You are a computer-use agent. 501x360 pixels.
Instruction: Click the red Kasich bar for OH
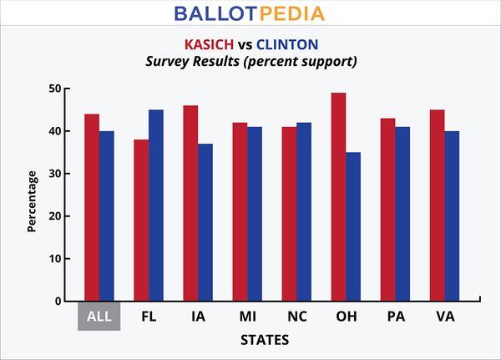point(338,196)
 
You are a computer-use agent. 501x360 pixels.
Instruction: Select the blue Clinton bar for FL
point(155,205)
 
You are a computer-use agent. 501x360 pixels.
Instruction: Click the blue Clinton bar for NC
point(303,211)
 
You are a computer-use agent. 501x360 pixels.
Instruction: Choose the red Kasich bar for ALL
point(92,207)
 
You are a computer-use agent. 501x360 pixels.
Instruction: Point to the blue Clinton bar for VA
point(452,215)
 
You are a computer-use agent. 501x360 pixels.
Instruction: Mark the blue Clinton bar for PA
point(402,214)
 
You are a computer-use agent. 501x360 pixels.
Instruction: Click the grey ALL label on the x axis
point(99,317)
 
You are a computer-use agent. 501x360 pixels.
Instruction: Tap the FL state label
point(149,318)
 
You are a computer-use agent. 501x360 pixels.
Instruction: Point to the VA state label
point(444,318)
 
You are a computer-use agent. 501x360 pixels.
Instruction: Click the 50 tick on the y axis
point(54,89)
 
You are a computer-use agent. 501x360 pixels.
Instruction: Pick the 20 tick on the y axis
point(54,216)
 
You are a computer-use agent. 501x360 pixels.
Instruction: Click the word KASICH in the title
point(213,44)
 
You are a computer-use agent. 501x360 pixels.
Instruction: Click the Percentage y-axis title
point(33,200)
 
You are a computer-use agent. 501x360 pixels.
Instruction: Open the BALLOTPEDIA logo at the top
point(250,14)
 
